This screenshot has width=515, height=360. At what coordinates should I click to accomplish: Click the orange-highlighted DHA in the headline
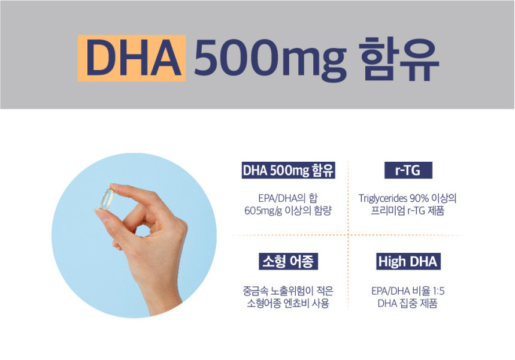click(131, 58)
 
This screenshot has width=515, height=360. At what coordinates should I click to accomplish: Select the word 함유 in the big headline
click(399, 58)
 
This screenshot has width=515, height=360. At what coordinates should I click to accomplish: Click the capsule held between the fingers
click(107, 199)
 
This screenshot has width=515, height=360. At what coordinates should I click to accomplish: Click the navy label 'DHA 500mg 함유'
click(289, 170)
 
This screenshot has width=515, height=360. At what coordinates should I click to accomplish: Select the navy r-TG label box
click(408, 170)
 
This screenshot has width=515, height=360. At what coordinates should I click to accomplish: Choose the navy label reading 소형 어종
click(288, 261)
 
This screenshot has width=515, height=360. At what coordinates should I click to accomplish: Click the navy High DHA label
click(408, 261)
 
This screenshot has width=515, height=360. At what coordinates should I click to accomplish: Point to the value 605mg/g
click(263, 211)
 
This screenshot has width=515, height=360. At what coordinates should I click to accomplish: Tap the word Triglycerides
click(383, 198)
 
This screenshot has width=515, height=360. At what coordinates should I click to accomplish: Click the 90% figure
click(419, 198)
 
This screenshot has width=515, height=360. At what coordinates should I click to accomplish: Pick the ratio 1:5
click(438, 291)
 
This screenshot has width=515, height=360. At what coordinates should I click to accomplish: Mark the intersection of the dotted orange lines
click(348, 235)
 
